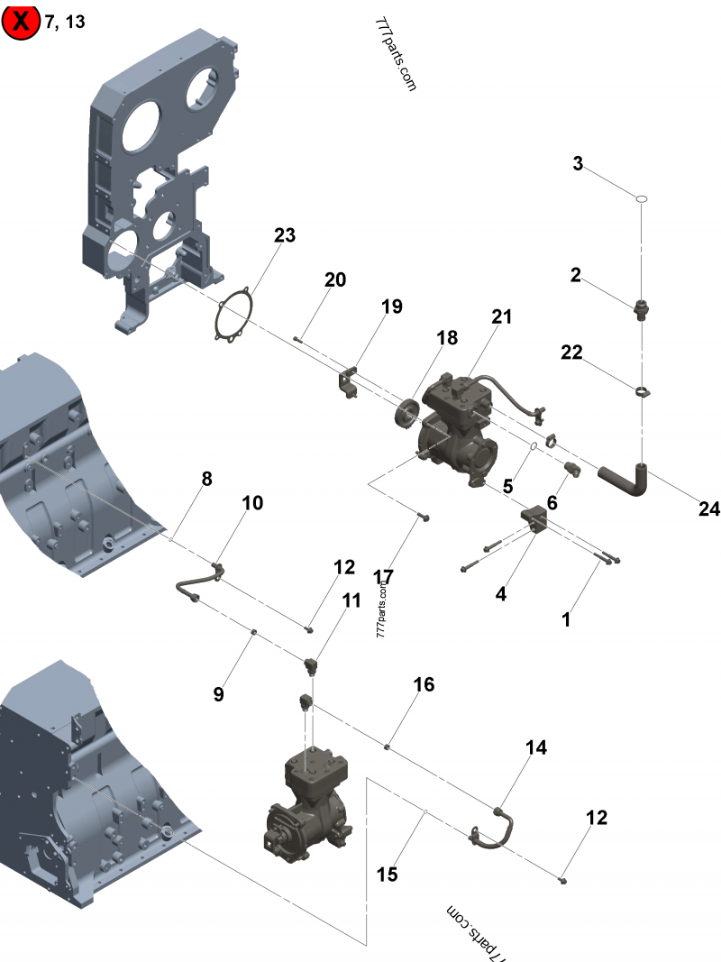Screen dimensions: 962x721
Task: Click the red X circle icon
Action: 21,21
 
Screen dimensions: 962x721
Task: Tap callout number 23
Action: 285,235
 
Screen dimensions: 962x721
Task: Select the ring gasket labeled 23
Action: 233,316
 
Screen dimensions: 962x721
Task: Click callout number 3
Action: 578,163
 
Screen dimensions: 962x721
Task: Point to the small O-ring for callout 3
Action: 641,197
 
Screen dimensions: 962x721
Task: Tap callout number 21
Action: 501,316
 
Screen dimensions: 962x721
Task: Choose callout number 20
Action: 334,279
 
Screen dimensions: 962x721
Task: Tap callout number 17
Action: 384,575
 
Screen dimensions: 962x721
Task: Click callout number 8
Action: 206,479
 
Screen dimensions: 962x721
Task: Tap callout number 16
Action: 424,684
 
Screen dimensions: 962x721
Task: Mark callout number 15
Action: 387,874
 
